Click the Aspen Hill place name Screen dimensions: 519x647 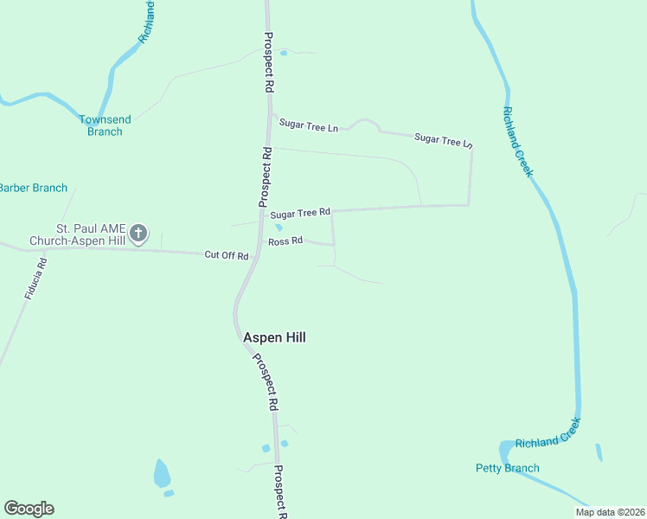pyautogui.click(x=274, y=337)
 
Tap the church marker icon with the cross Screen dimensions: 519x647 pyautogui.click(x=138, y=233)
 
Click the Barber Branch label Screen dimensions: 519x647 pyautogui.click(x=33, y=188)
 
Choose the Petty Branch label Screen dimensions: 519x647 pyautogui.click(x=508, y=468)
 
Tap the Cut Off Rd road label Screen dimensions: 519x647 pyautogui.click(x=227, y=255)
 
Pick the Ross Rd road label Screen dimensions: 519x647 pyautogui.click(x=285, y=241)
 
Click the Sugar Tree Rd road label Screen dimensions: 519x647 pyautogui.click(x=300, y=213)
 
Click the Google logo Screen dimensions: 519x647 pyautogui.click(x=29, y=509)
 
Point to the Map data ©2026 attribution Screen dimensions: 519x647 pyautogui.click(x=609, y=512)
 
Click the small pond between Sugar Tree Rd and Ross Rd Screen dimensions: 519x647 pyautogui.click(x=279, y=227)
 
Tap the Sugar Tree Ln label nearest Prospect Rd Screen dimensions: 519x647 pyautogui.click(x=308, y=126)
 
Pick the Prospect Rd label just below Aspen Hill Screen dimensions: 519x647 pyautogui.click(x=265, y=381)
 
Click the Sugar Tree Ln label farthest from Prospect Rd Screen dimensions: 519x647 pyautogui.click(x=444, y=138)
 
